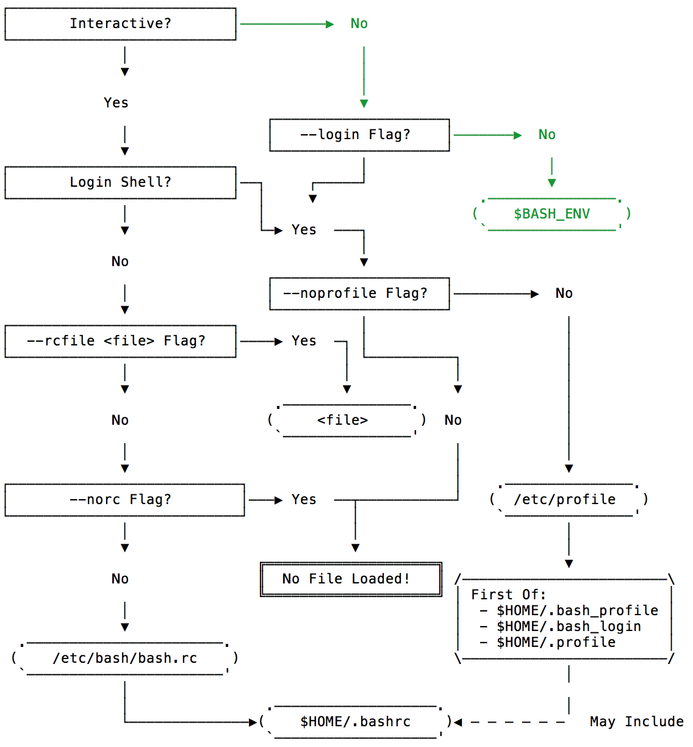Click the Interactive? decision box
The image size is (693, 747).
[x=120, y=24]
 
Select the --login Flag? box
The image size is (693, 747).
[x=359, y=135]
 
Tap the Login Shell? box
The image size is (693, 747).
[x=120, y=182]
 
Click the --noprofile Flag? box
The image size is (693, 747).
[x=359, y=294]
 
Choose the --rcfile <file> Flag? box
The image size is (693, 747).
[x=120, y=341]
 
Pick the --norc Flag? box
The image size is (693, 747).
[x=124, y=500]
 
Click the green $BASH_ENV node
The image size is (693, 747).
[x=551, y=214]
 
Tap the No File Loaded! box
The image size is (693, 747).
[x=351, y=579]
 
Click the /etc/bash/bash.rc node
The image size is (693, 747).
[x=124, y=659]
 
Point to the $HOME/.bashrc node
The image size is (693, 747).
[x=355, y=722]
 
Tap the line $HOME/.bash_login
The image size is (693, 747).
[x=569, y=627]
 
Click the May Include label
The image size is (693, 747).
[x=636, y=722]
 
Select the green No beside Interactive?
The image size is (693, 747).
[x=359, y=24]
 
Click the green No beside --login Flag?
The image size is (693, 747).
[x=547, y=135]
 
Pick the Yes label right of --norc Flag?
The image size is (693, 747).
[x=304, y=500]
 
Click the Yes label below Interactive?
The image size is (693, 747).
[x=116, y=103]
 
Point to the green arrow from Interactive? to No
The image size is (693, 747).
[x=287, y=24]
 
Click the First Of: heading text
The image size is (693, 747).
[x=508, y=595]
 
